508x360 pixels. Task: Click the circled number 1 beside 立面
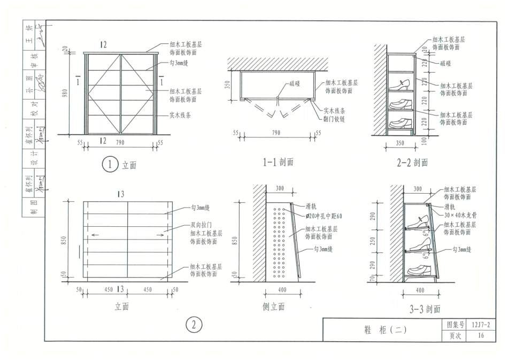click(x=109, y=165)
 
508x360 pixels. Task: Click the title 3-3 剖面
click(x=425, y=309)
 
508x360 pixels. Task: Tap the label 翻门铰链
click(x=334, y=118)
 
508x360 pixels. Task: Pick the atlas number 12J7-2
click(x=481, y=325)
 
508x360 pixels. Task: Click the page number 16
click(x=481, y=336)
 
